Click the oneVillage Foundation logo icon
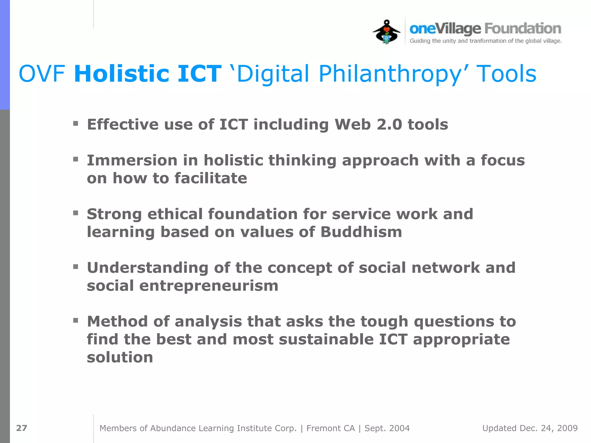point(386,32)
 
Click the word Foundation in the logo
point(523,29)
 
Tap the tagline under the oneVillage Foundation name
point(486,41)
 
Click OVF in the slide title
point(42,74)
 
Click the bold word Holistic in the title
point(121,74)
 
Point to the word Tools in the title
point(506,74)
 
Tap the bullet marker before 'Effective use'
point(76,124)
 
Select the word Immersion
point(132,160)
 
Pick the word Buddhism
point(361,232)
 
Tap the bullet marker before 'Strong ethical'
point(76,213)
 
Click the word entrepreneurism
point(209,286)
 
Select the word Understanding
point(147,268)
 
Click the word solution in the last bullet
point(120,357)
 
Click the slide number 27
point(22,428)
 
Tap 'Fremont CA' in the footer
point(330,428)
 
